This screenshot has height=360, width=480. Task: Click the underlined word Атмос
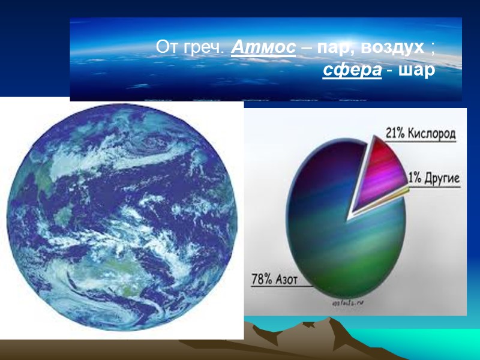tap(263, 46)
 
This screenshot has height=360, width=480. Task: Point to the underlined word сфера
tap(352, 71)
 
